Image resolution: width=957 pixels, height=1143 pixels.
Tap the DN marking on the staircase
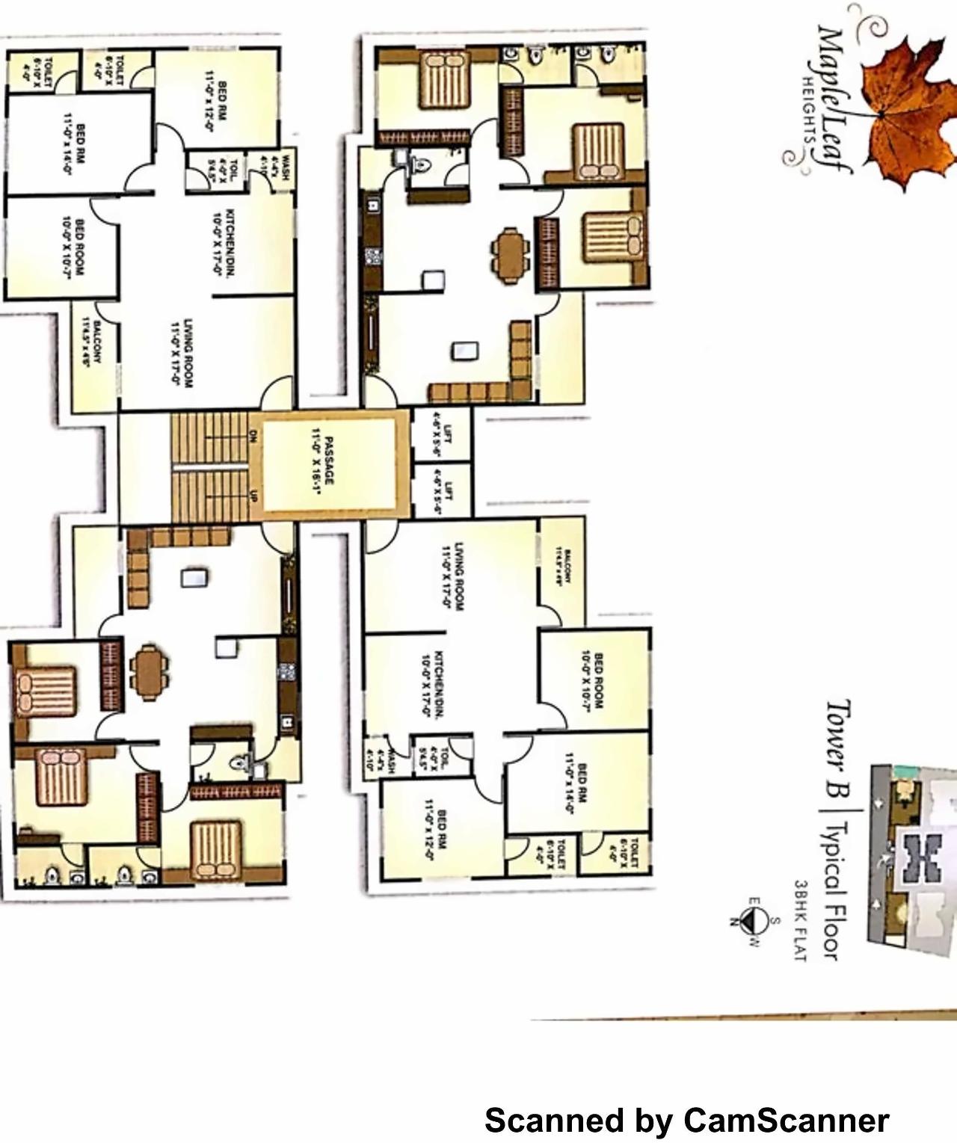[x=253, y=437]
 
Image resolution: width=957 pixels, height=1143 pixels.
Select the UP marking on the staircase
[x=253, y=496]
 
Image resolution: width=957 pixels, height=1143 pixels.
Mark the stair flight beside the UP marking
[x=209, y=496]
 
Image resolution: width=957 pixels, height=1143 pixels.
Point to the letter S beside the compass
[x=775, y=921]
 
